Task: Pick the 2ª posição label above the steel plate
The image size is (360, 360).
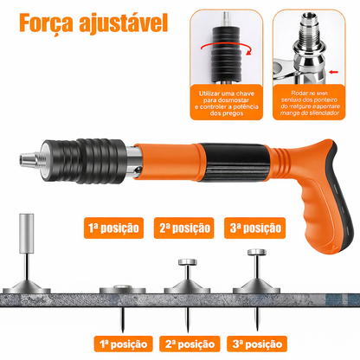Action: click(183, 228)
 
